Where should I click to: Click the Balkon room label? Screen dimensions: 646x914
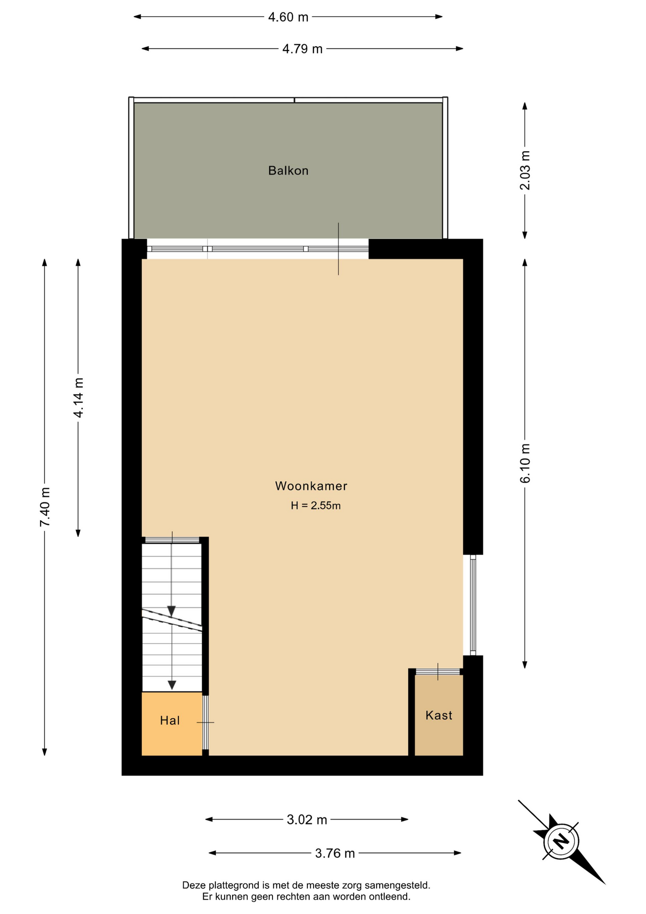(288, 170)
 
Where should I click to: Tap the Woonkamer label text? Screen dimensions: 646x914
(311, 486)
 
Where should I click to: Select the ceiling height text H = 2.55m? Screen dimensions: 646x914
(316, 506)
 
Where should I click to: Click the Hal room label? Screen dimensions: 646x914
(170, 720)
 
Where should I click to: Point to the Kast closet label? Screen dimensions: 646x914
(439, 715)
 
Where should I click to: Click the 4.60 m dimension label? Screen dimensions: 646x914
(288, 17)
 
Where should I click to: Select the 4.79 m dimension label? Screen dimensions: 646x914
(303, 49)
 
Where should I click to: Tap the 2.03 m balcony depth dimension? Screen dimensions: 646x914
(525, 170)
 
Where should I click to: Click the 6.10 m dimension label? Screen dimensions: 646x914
(525, 464)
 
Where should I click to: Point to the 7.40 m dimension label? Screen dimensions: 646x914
(45, 507)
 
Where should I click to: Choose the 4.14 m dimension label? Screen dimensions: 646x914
(78, 398)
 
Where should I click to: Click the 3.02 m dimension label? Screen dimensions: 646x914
(307, 820)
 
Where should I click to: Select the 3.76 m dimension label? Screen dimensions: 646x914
(335, 853)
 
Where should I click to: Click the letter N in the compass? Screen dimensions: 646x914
(561, 841)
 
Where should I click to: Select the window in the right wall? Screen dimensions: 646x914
(473, 605)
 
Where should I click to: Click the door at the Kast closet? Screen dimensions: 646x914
(438, 672)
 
